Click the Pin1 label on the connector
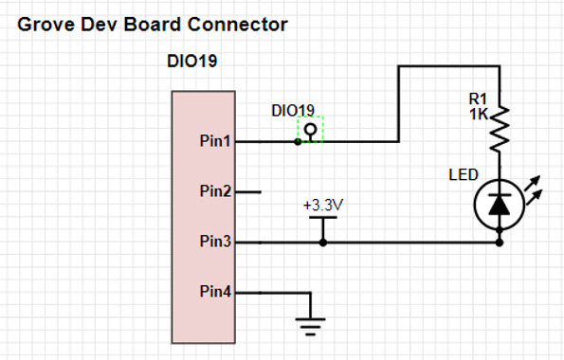click(215, 140)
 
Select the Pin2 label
click(215, 191)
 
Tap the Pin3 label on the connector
click(215, 241)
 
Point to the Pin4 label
click(215, 291)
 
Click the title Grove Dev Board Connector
click(153, 25)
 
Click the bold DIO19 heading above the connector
click(192, 62)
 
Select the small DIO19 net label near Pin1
click(293, 111)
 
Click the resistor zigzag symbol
click(500, 129)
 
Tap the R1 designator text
click(478, 99)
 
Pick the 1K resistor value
click(479, 115)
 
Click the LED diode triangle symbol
click(500, 205)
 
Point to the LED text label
click(464, 174)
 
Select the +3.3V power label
click(323, 206)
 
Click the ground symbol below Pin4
click(310, 327)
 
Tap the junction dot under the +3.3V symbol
click(323, 243)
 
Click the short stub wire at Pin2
click(248, 192)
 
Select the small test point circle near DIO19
click(310, 129)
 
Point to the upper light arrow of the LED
click(533, 183)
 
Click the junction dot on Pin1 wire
click(298, 142)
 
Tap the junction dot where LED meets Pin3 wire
click(500, 243)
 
